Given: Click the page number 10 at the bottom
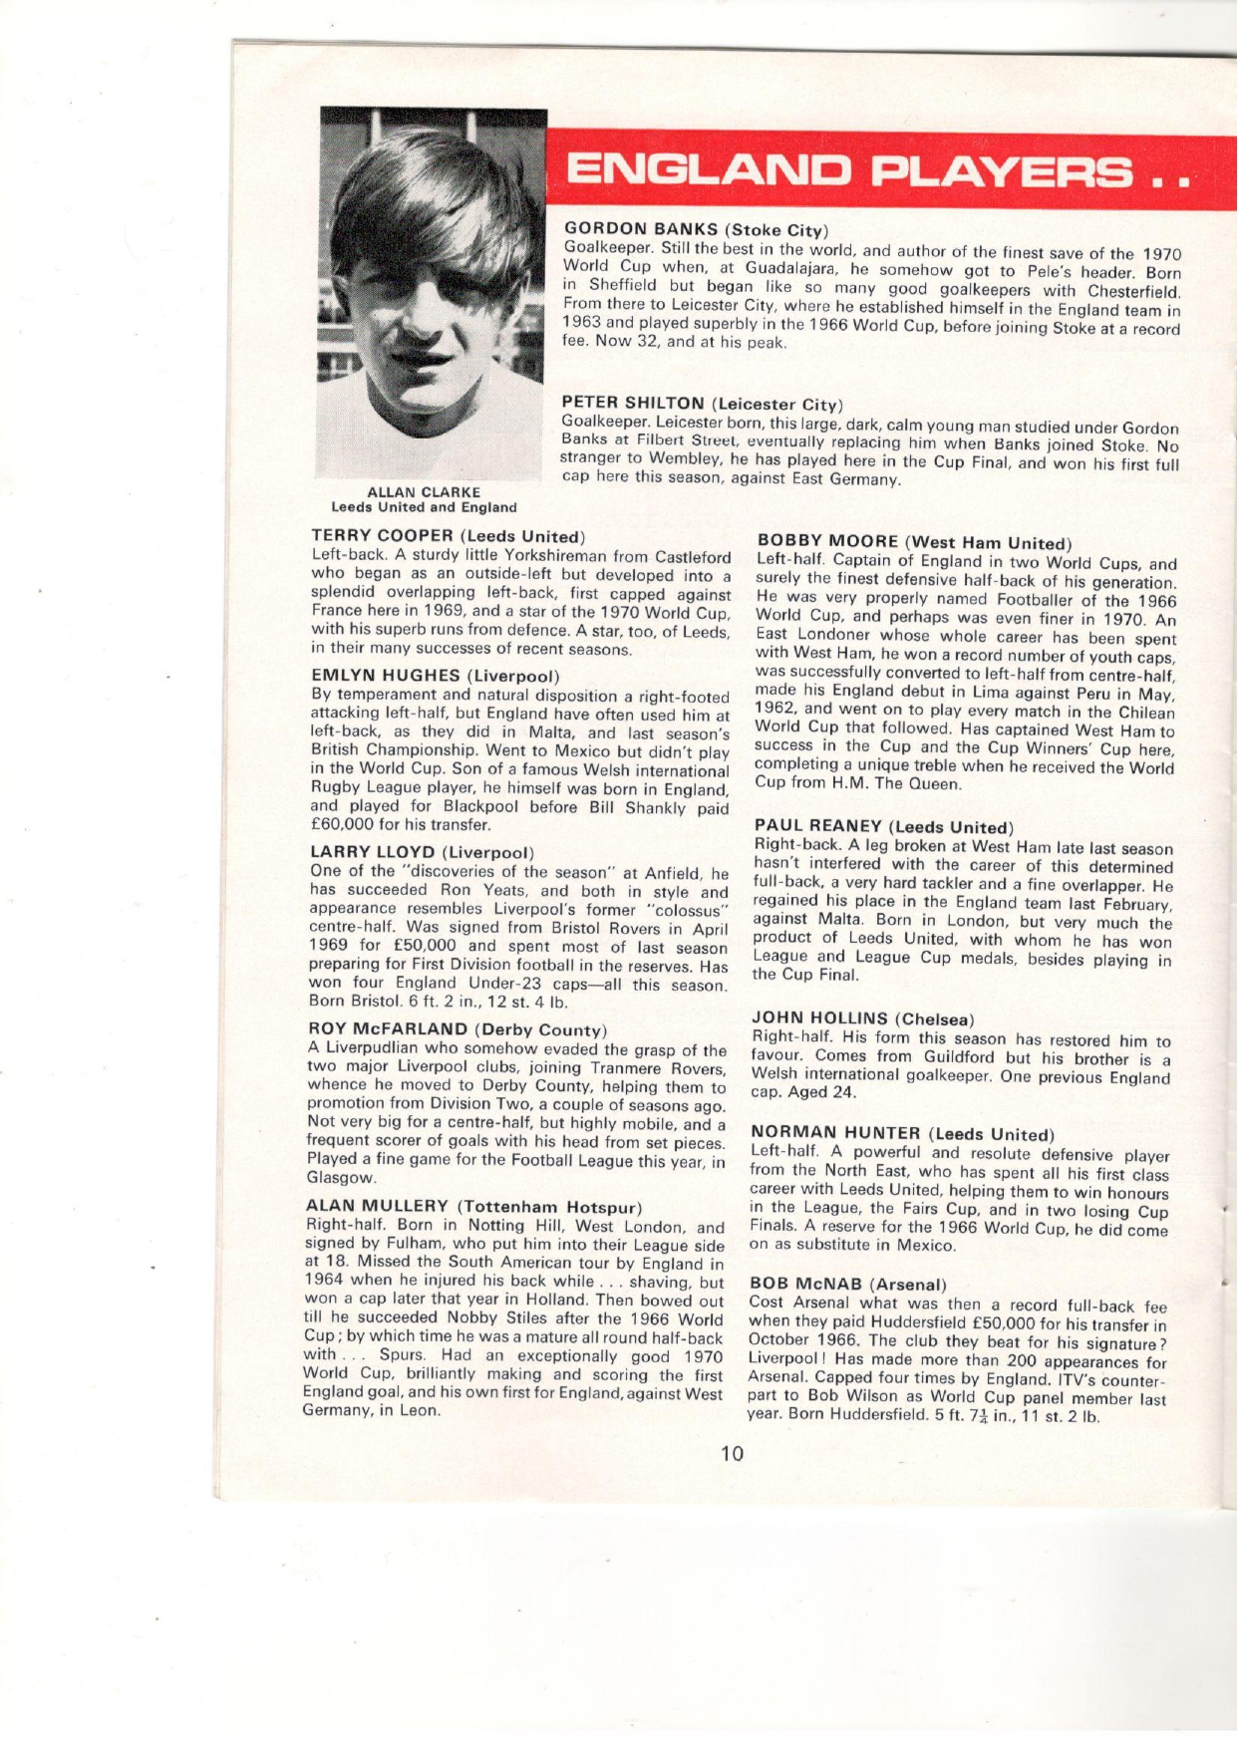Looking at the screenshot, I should pos(732,1454).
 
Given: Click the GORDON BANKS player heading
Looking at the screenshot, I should pos(697,229).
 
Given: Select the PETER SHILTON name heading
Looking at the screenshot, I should pos(702,403).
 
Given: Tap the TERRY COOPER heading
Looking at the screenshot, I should pos(447,537).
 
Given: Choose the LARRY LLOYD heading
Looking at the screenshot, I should pos(423,852).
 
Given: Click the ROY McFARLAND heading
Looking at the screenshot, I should pos(457,1028).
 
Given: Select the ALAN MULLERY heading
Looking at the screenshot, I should pos(472,1207).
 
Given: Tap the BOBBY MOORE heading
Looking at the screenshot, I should pos(914,542).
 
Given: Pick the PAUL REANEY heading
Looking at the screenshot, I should pos(883,826).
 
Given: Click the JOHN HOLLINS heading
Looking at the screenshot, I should pos(861,1019).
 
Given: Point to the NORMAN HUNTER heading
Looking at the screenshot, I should pos(901,1133).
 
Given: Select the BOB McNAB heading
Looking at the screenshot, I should pos(847,1285).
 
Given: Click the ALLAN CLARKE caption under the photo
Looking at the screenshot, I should pos(424,492).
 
